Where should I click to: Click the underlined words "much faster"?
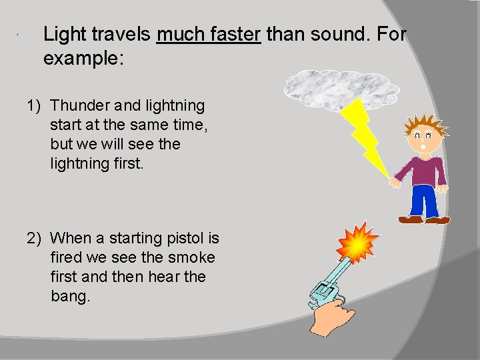click(x=208, y=34)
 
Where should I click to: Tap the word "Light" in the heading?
click(x=63, y=34)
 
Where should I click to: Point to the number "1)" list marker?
click(x=35, y=105)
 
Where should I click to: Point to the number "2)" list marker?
click(x=35, y=238)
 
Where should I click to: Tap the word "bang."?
click(x=70, y=296)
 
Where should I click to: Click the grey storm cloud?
click(x=341, y=87)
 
